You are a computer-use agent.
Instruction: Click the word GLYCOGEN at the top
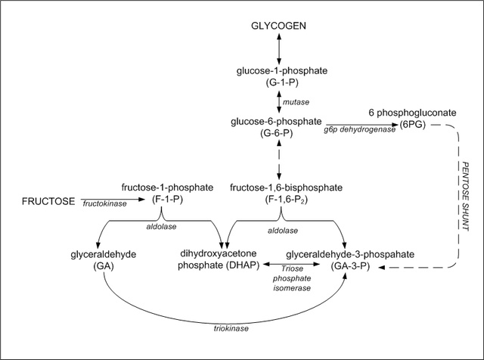pyautogui.click(x=280, y=26)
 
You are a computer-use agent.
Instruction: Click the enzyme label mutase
pyautogui.click(x=297, y=101)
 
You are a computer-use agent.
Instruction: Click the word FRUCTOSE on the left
pyautogui.click(x=48, y=201)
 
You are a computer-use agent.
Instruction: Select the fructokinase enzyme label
pyautogui.click(x=104, y=204)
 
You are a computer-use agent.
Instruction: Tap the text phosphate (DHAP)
pyautogui.click(x=218, y=266)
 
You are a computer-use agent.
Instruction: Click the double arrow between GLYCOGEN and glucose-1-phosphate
pyautogui.click(x=280, y=48)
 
